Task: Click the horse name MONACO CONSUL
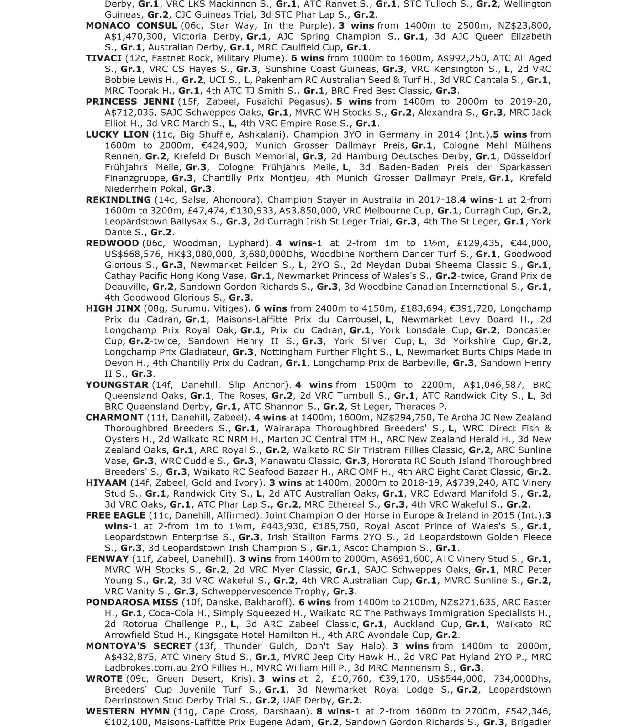click(131, 26)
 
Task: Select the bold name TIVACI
click(103, 58)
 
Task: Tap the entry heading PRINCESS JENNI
click(130, 102)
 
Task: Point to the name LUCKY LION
click(117, 134)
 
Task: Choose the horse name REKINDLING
click(118, 200)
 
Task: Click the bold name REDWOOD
click(112, 243)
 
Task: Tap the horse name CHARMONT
click(114, 417)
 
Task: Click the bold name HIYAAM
click(106, 482)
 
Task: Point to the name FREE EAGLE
click(115, 515)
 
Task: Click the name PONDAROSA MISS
click(132, 602)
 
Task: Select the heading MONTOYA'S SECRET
click(138, 646)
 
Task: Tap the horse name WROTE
click(104, 679)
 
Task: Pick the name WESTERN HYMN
click(128, 711)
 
